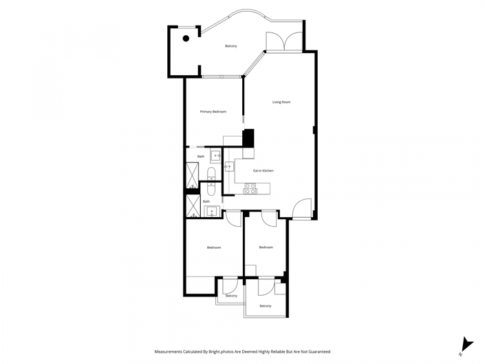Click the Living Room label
pyautogui.click(x=281, y=102)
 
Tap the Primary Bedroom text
pyautogui.click(x=213, y=112)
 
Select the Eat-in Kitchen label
pyautogui.click(x=263, y=170)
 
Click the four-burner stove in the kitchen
pyautogui.click(x=250, y=188)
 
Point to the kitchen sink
pyautogui.click(x=228, y=166)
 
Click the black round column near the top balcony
pyautogui.click(x=186, y=39)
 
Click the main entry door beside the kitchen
pyautogui.click(x=302, y=209)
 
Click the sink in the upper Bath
pyautogui.click(x=215, y=156)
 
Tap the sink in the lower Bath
pyautogui.click(x=211, y=211)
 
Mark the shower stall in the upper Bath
pyautogui.click(x=192, y=175)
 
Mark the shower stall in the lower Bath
pyautogui.click(x=192, y=206)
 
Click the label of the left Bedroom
pyautogui.click(x=214, y=247)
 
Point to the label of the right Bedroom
pyautogui.click(x=266, y=247)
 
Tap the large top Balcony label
pyautogui.click(x=230, y=46)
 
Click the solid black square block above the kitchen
pyautogui.click(x=248, y=137)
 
